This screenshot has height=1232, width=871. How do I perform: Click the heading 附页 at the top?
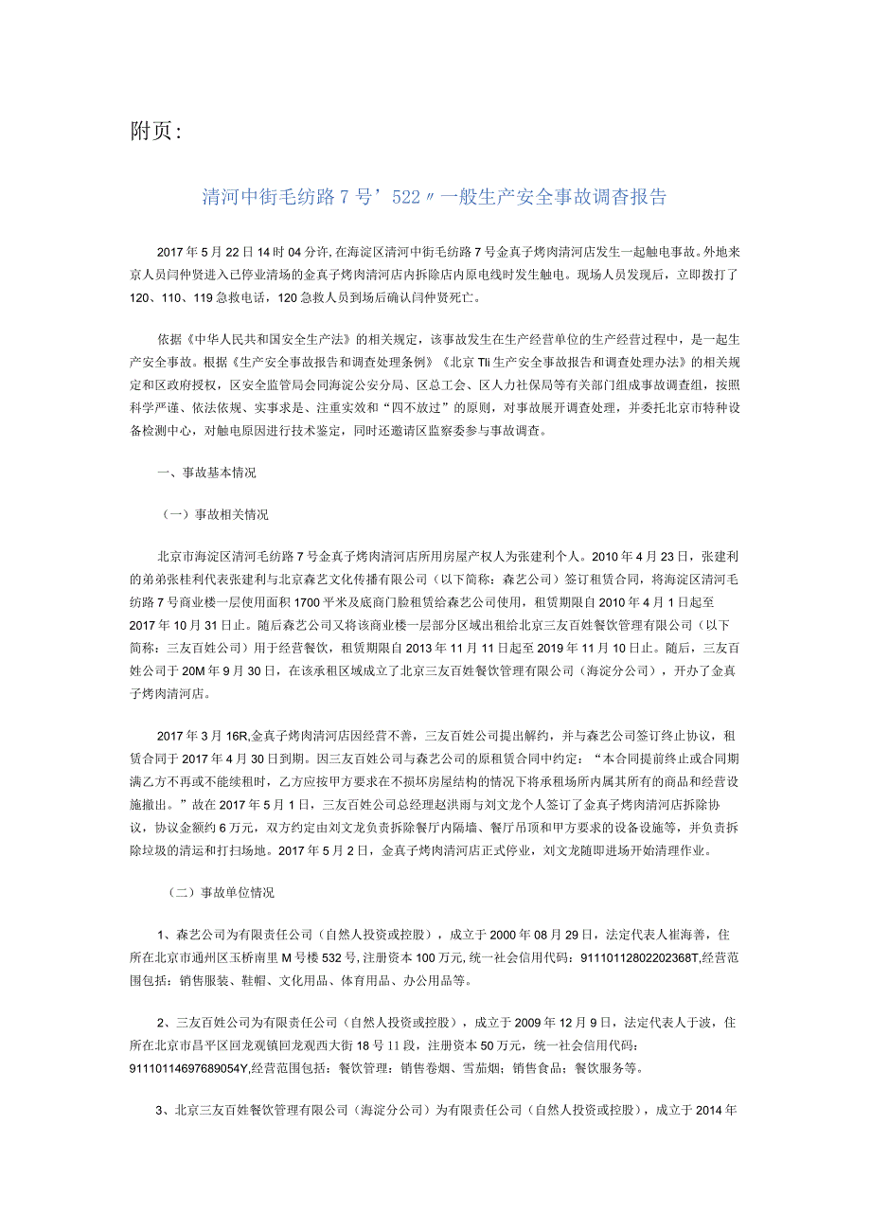tap(153, 131)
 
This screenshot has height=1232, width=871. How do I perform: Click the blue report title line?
tap(435, 197)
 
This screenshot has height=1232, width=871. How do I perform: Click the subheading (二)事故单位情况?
tap(217, 892)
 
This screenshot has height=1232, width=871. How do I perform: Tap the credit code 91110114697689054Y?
tap(203, 1068)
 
